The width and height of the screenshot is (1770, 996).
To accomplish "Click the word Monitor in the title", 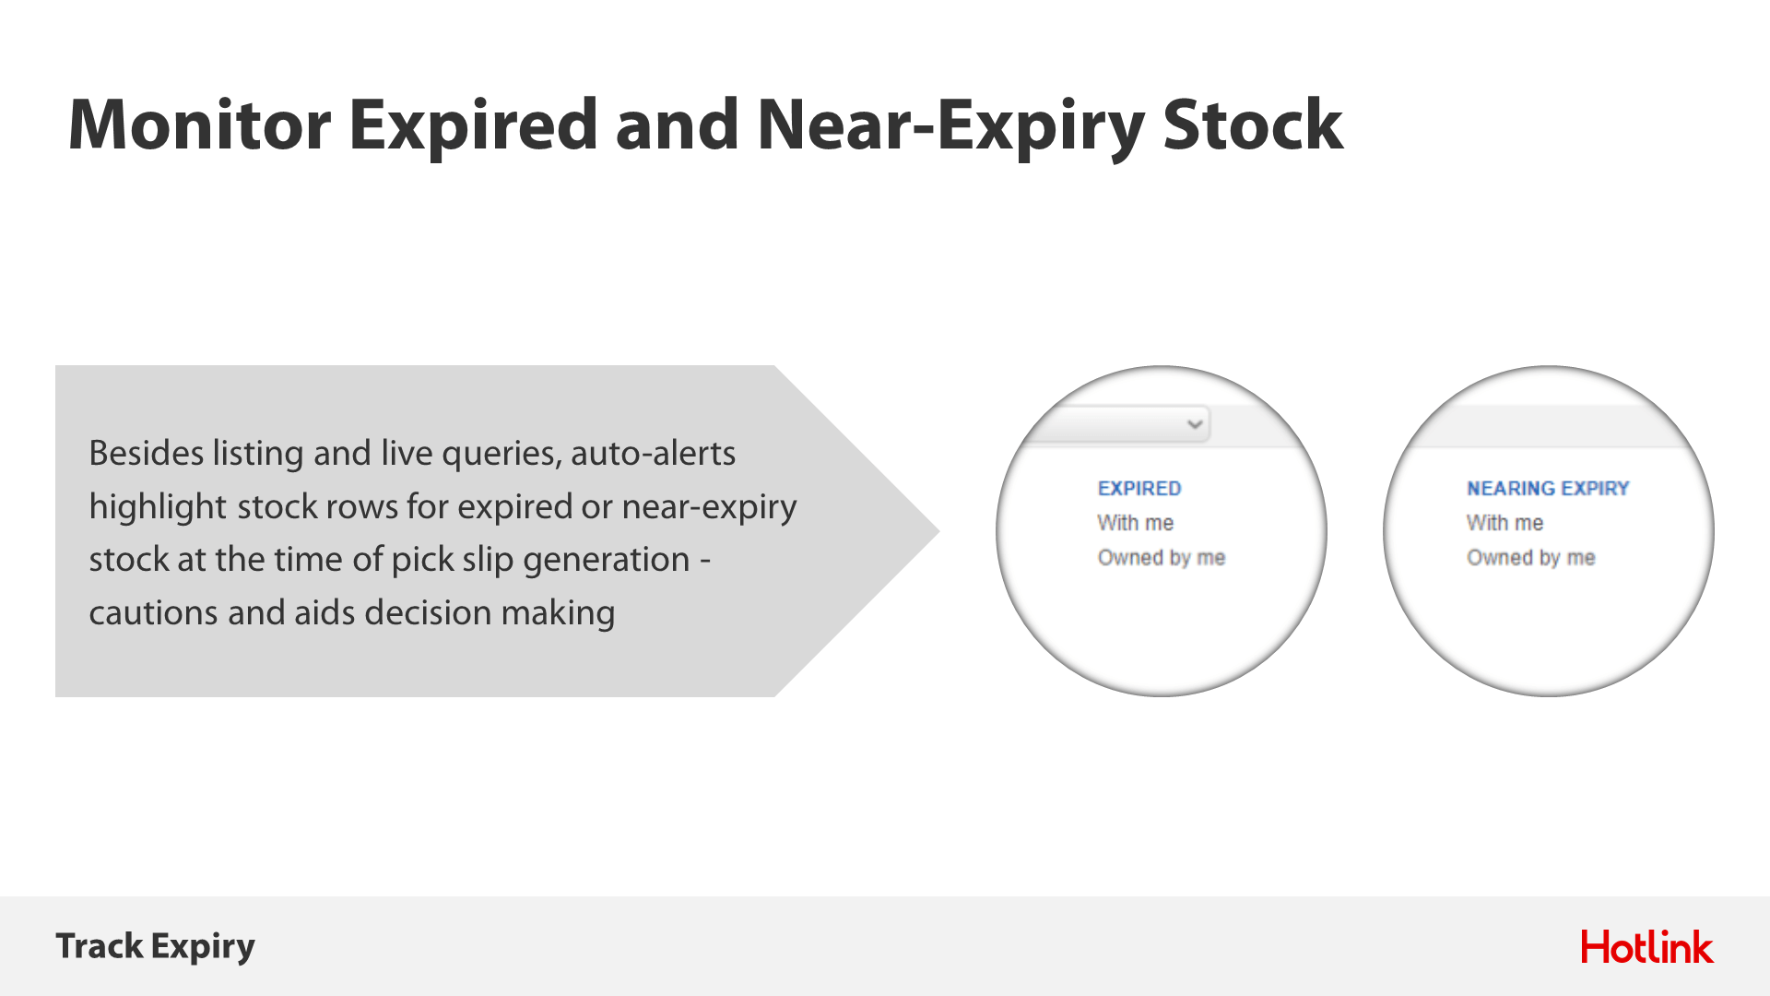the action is tap(199, 125).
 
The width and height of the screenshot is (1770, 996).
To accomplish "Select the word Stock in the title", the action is tap(1253, 125).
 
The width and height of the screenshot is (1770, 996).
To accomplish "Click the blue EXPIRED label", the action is tap(1139, 488).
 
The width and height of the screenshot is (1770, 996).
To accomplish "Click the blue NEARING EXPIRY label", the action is tap(1548, 488).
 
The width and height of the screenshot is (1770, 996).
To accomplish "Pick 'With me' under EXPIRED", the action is tap(1135, 523).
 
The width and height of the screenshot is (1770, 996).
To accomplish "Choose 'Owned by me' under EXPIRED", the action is tap(1161, 558).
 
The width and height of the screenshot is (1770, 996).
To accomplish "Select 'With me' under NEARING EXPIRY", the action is tap(1504, 523).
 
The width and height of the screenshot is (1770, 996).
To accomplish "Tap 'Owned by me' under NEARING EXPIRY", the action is tap(1530, 558).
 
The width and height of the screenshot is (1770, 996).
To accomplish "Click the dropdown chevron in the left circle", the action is tap(1195, 424).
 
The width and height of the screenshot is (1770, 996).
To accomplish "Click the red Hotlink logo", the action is tap(1646, 947).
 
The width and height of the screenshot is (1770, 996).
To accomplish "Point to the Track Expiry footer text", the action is tap(155, 947).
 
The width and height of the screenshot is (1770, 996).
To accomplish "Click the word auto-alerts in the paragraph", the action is tap(653, 453).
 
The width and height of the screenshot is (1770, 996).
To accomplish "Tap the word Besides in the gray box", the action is tap(146, 453).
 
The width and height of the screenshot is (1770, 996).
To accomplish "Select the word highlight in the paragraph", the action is tap(158, 507).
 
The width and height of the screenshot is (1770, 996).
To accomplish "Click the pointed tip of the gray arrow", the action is tap(938, 531).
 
